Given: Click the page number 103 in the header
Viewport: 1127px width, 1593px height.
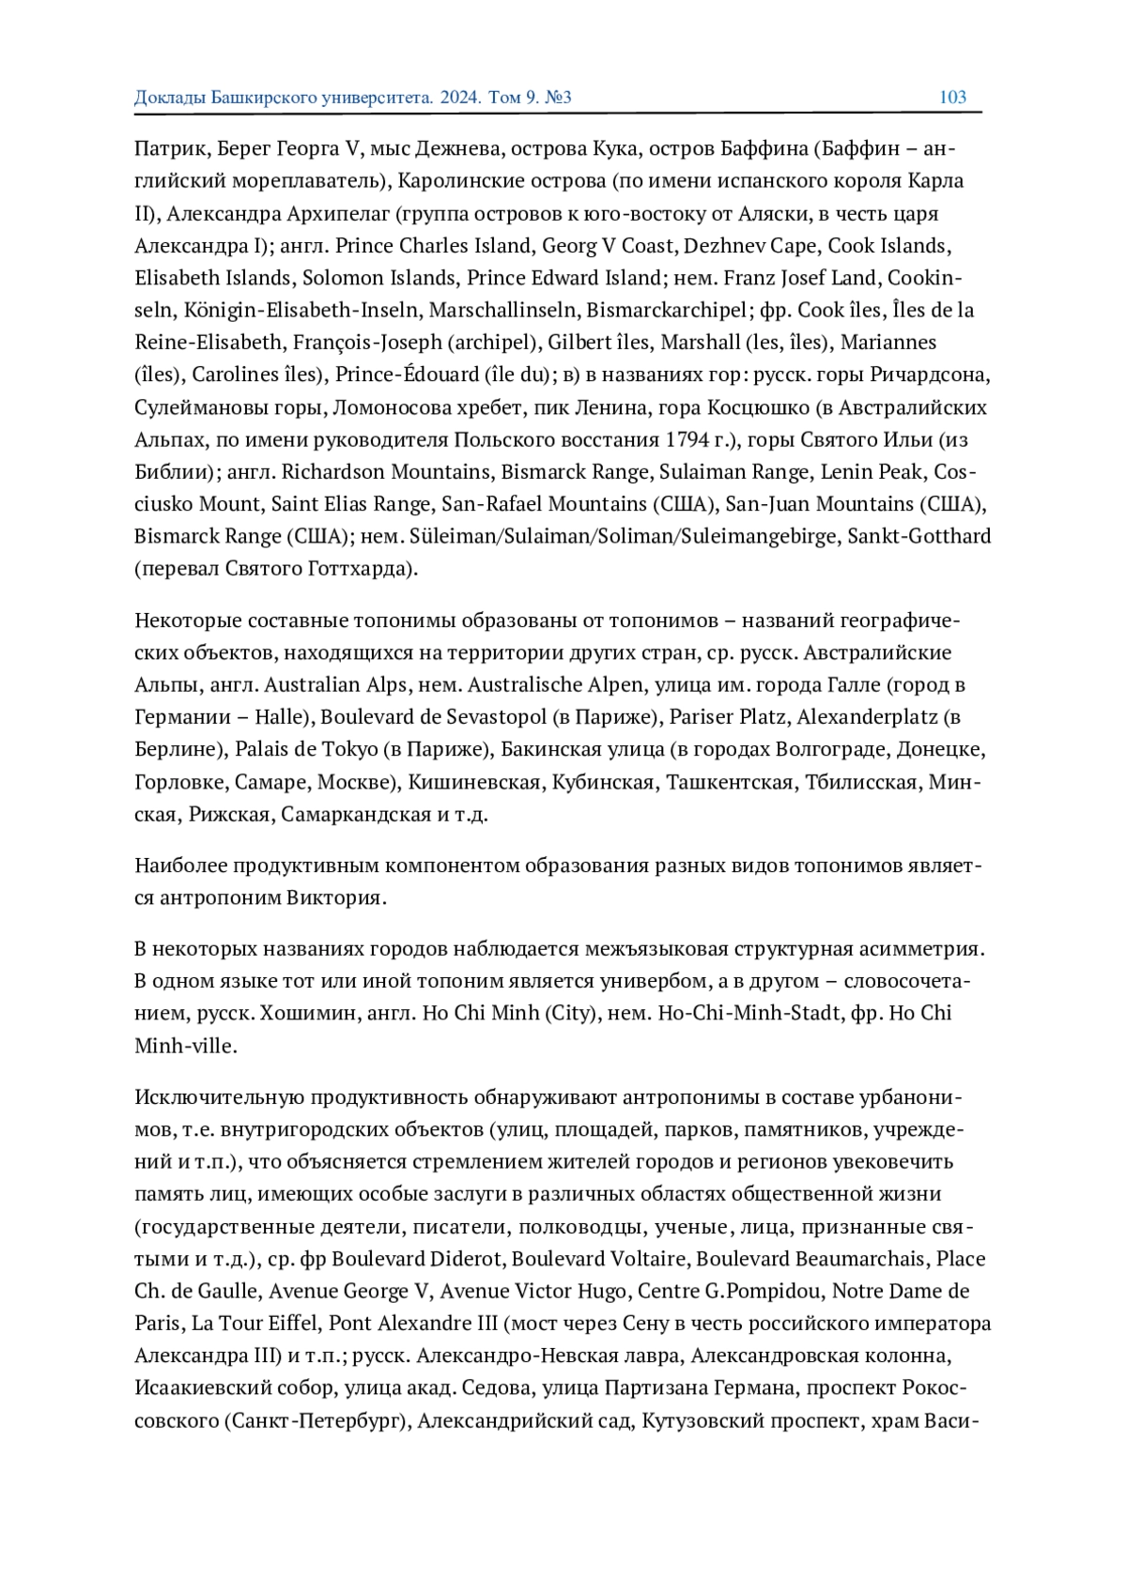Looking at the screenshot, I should [952, 98].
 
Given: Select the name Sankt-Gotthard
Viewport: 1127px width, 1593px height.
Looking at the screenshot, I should [923, 536].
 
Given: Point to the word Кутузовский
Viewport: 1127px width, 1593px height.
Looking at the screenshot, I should [701, 1421].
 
